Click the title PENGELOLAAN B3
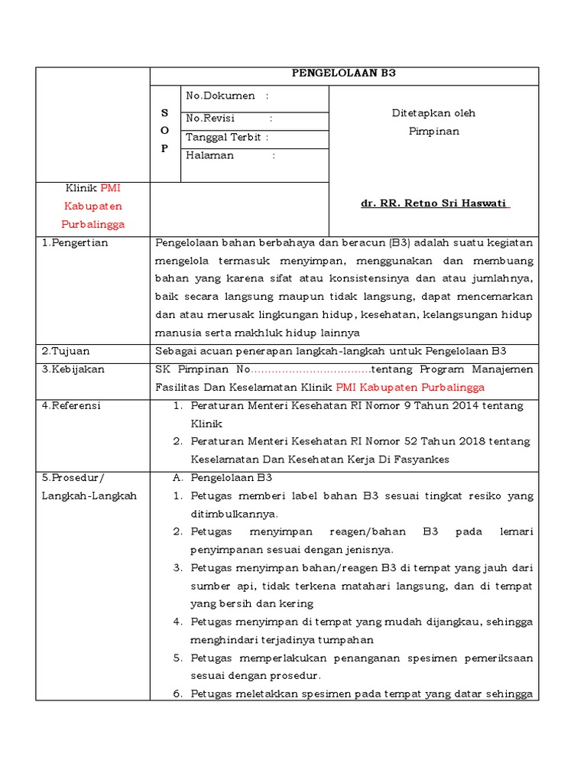pos(344,74)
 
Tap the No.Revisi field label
pos(211,119)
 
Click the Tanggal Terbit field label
pos(224,138)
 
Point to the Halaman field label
pos(210,155)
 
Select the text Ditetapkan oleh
pos(433,113)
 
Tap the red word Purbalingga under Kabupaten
pos(92,225)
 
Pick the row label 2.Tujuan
pos(66,351)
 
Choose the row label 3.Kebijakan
pos(73,369)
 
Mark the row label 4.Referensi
pos(72,406)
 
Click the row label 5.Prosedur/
pos(73,478)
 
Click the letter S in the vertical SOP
pos(164,113)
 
